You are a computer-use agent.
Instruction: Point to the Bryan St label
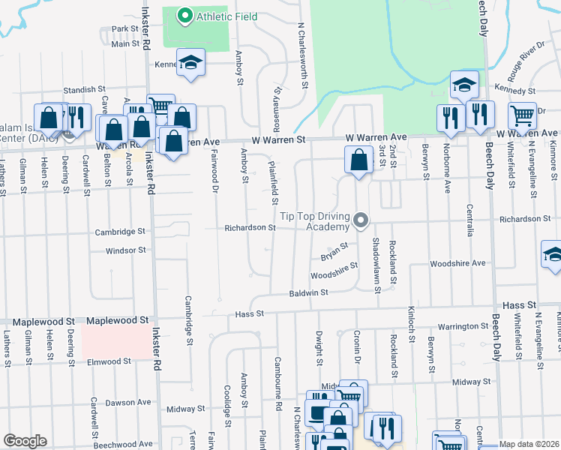tap(335, 249)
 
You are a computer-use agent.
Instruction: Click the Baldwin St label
tap(310, 293)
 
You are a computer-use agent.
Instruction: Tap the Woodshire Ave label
tap(457, 264)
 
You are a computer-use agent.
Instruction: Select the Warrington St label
tap(463, 326)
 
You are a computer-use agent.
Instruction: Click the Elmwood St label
tap(109, 361)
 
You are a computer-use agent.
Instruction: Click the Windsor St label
tap(125, 250)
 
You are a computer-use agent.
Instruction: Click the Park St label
tap(125, 29)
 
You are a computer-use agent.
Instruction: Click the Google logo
tap(25, 441)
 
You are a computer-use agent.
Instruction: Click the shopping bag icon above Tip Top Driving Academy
tap(359, 160)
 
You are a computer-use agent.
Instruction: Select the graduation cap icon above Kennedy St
tap(464, 85)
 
